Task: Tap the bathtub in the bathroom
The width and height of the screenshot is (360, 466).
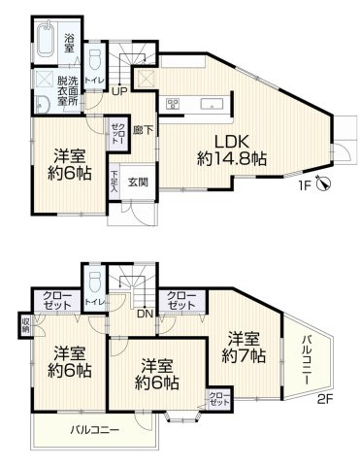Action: click(44, 43)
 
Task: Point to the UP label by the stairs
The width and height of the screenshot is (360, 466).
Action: click(119, 91)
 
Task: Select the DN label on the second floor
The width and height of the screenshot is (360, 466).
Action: click(143, 314)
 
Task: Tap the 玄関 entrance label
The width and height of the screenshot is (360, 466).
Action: click(137, 183)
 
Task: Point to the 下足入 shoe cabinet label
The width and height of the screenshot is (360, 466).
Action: click(115, 181)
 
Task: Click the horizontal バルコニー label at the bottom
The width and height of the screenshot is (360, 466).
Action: click(94, 428)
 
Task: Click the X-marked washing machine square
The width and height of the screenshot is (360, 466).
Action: click(44, 79)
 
